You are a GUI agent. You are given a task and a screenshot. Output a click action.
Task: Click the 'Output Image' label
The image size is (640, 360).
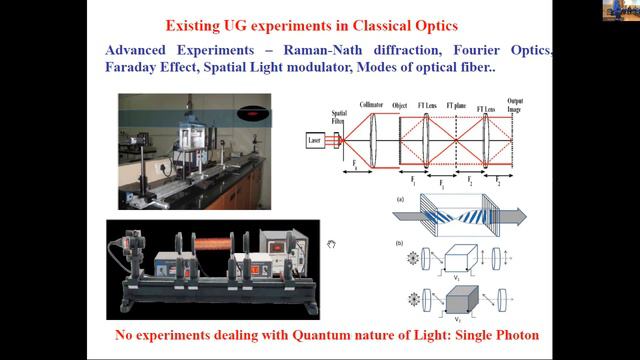(x=516, y=105)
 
